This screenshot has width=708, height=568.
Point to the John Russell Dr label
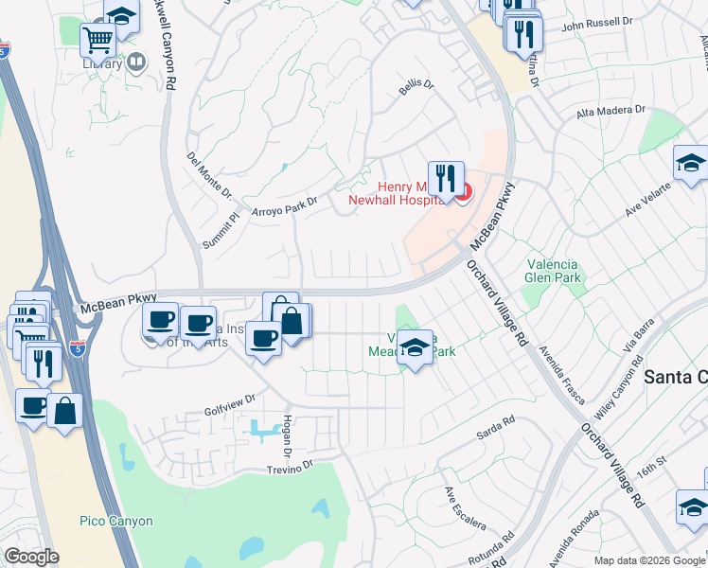point(596,21)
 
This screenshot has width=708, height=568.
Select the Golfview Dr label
point(230,405)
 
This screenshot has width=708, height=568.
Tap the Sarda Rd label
point(495,429)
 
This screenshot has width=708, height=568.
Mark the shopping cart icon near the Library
point(97,41)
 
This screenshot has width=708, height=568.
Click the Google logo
point(32,558)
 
